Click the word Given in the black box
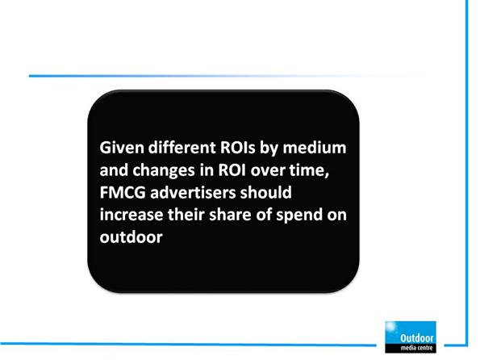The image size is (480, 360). [x=122, y=148]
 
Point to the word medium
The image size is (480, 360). [x=315, y=148]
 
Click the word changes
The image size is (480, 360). [x=164, y=170]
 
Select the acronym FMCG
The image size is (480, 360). [x=123, y=193]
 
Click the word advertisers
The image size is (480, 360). [x=193, y=192]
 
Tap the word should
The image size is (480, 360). [x=265, y=192]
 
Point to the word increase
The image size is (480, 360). [x=131, y=215]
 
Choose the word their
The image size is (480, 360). [x=186, y=215]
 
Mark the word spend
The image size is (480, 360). [x=299, y=216]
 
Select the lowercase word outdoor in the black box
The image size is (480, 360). [x=131, y=237]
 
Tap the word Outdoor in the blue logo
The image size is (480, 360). [x=416, y=338]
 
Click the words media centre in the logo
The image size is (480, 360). [x=416, y=348]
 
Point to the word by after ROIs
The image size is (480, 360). [x=269, y=149]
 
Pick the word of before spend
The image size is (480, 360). [x=264, y=215]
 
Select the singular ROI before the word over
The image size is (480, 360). [x=232, y=170]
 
